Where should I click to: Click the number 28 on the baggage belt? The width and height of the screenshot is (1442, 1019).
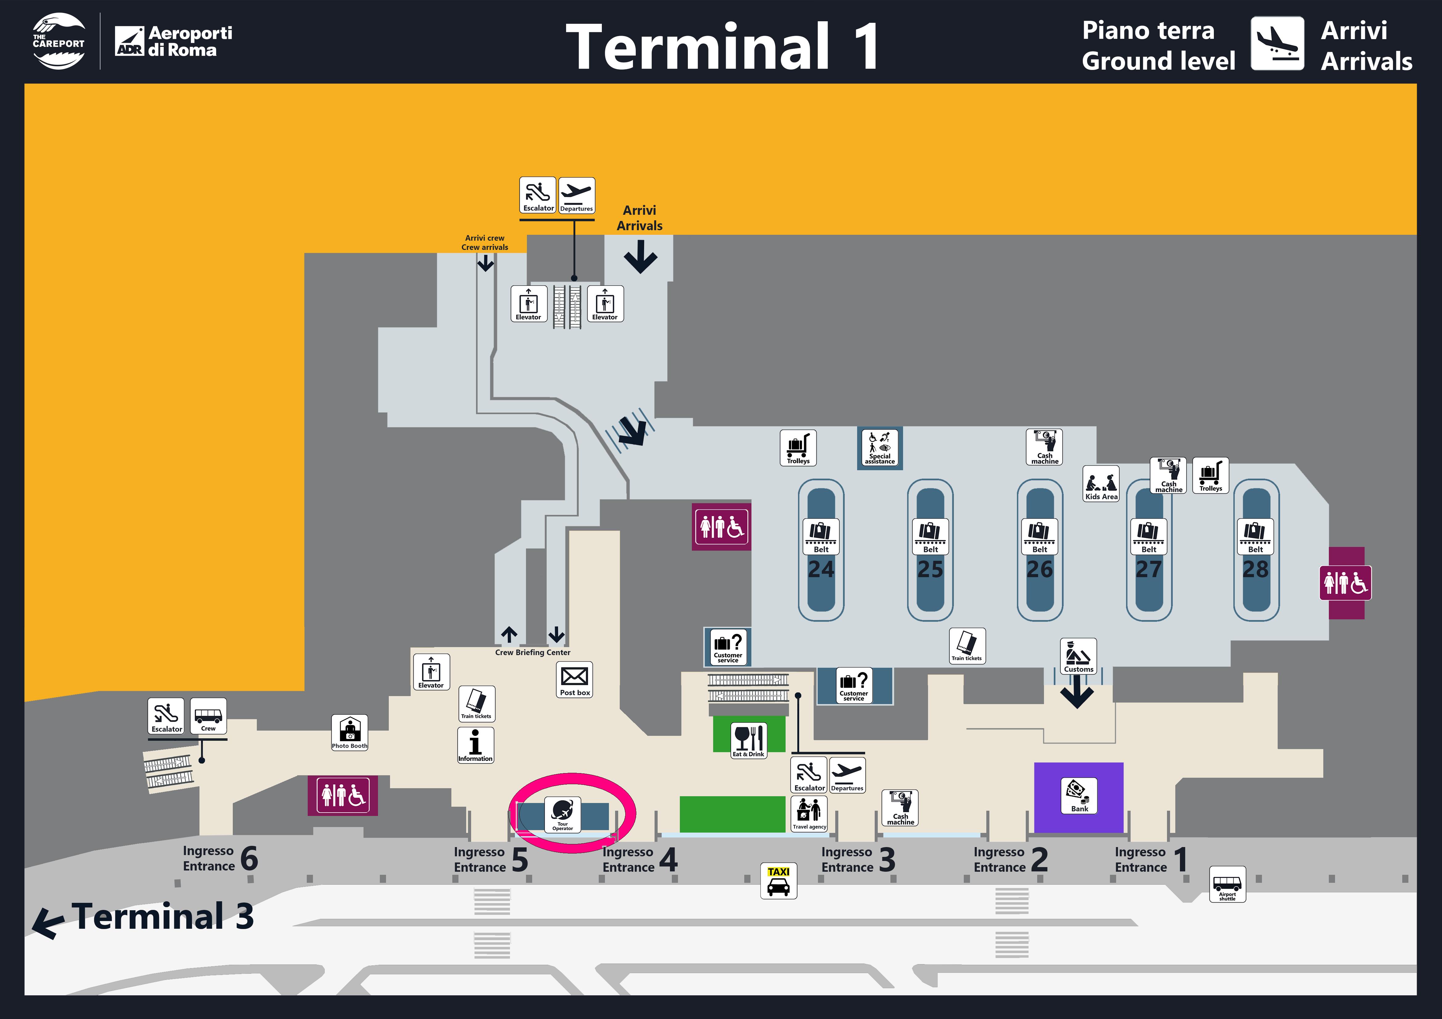(x=1255, y=569)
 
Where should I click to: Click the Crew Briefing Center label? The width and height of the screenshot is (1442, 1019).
(x=532, y=652)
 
